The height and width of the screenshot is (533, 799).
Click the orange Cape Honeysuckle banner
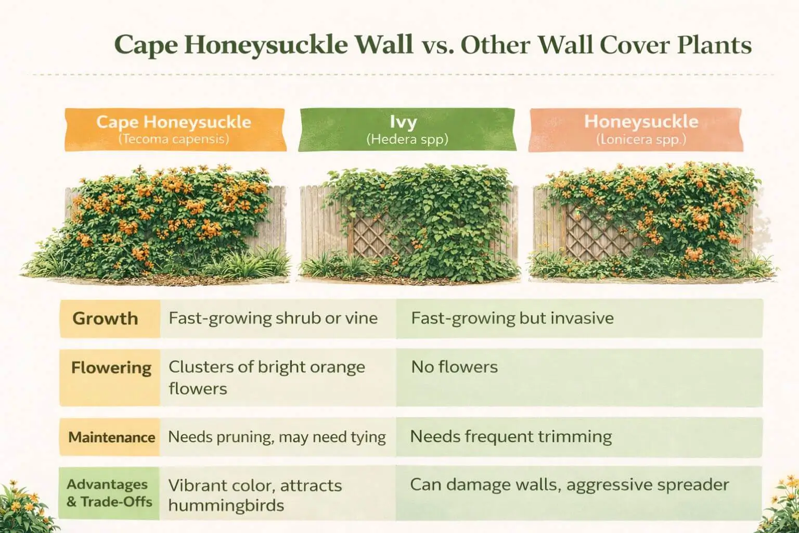175,129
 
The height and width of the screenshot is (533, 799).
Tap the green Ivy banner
407,129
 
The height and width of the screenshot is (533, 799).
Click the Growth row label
106,319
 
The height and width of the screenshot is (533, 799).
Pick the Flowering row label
111,367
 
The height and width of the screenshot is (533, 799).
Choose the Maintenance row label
112,437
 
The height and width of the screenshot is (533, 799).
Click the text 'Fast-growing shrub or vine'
273,318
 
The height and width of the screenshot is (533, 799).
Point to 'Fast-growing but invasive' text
512,318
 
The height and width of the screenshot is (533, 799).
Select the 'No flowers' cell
454,367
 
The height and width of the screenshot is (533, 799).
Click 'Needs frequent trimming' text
511,436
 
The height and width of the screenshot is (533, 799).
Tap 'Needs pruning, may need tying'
277,437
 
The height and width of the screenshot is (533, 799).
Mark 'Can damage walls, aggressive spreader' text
569,485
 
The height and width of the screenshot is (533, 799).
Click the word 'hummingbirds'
226,505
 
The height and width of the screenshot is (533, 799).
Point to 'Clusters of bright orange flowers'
266,377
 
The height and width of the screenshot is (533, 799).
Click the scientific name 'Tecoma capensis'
174,139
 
